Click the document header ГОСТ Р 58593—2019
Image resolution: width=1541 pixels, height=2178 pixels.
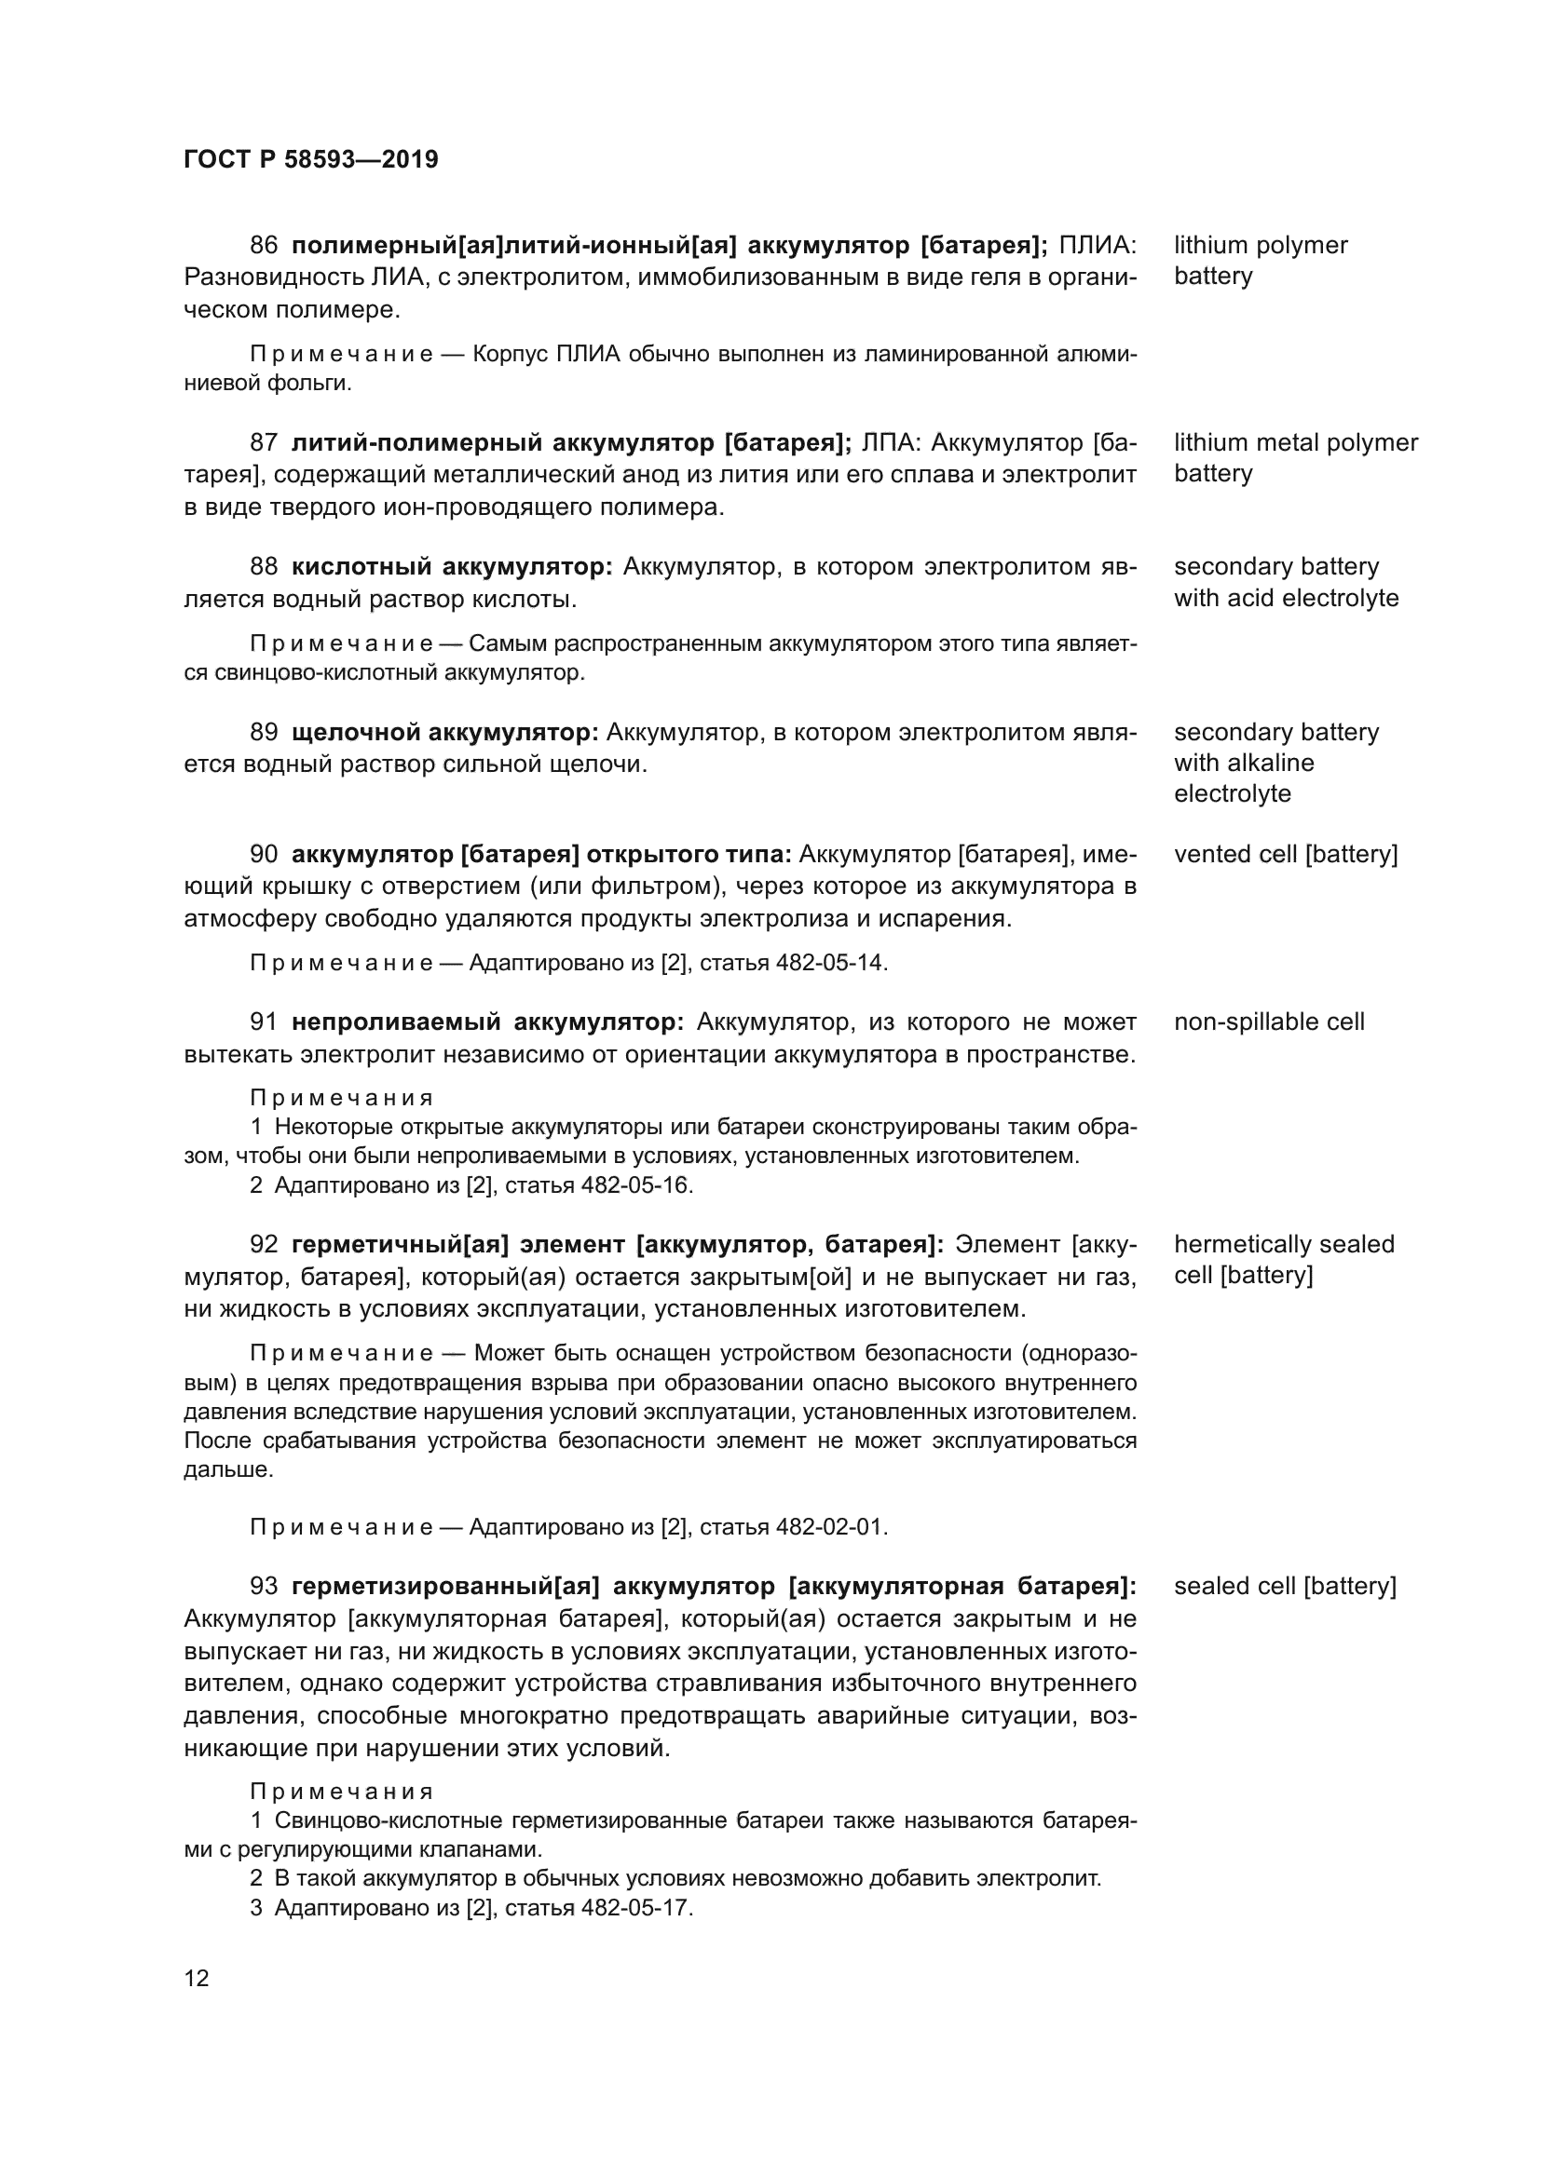[x=310, y=159]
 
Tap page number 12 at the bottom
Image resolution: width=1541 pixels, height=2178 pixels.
[x=197, y=1978]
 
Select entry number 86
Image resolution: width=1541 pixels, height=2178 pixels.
[x=263, y=246]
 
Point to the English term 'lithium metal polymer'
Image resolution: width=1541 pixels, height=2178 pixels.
[x=1295, y=443]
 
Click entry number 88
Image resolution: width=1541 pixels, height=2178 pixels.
[x=263, y=567]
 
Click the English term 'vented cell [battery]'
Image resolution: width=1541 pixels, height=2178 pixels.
[x=1286, y=855]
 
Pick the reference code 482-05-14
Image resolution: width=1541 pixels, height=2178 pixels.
[x=830, y=963]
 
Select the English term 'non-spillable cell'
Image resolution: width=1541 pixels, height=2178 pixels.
[x=1269, y=1022]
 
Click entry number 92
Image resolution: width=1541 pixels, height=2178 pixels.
[x=263, y=1245]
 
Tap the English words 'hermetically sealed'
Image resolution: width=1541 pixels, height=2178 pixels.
[x=1284, y=1245]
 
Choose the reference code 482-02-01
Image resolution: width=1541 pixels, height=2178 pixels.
[x=830, y=1527]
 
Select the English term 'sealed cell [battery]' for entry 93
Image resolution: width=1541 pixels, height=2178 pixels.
[x=1285, y=1586]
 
